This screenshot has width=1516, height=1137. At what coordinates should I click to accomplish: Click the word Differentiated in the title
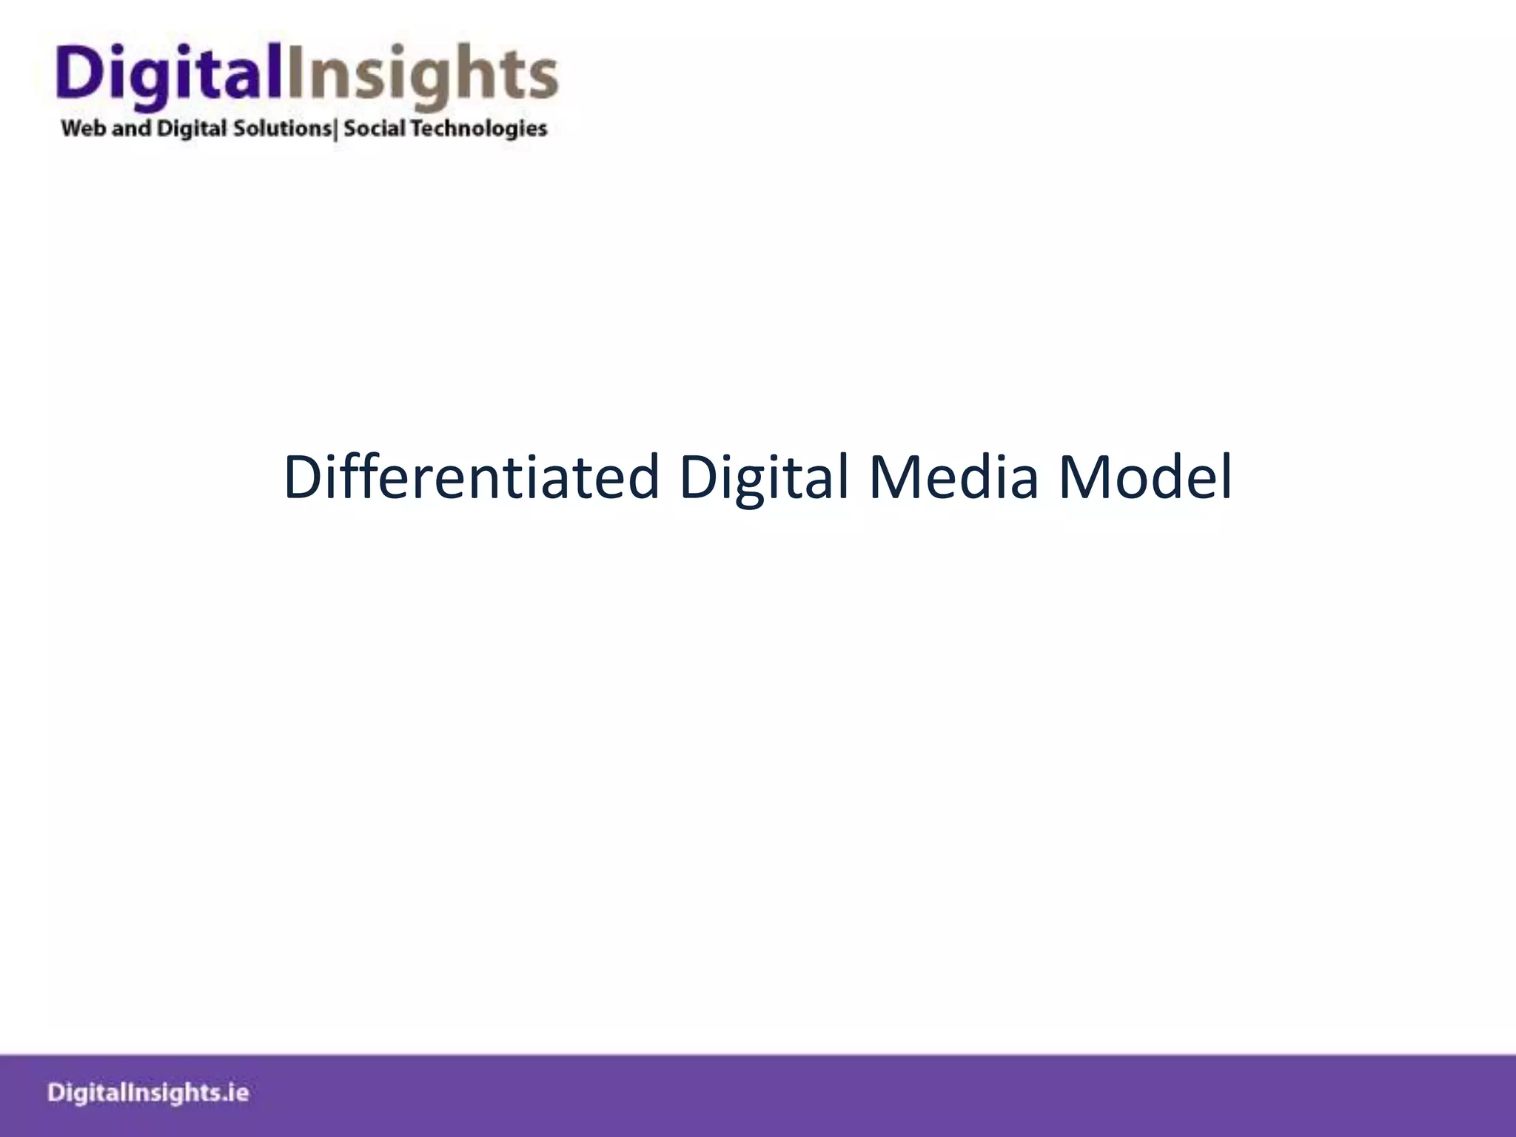(471, 477)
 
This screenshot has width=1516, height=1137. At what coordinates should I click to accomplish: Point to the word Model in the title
(1145, 477)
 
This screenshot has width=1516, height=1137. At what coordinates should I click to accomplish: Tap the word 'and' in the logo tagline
(132, 129)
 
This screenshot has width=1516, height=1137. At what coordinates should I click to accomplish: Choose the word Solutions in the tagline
(282, 129)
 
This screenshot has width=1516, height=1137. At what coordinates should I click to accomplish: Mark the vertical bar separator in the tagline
(337, 130)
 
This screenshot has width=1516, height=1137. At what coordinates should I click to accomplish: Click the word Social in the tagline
(375, 129)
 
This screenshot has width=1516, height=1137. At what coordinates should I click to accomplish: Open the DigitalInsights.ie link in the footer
(148, 1093)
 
